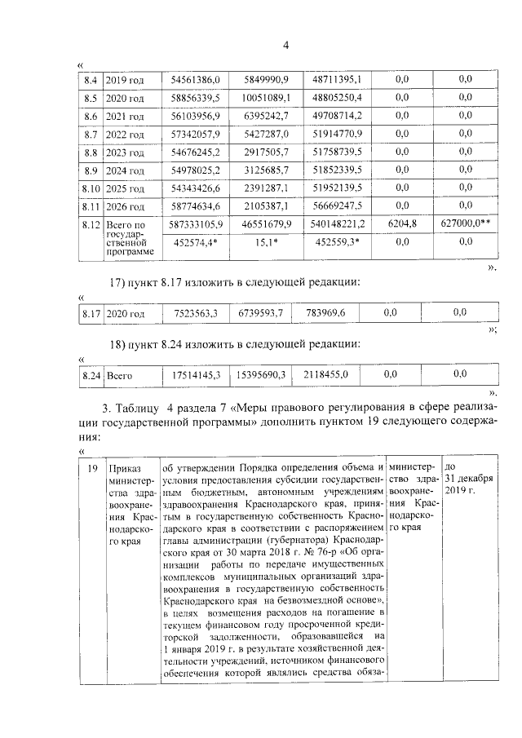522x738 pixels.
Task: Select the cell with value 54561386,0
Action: (x=196, y=80)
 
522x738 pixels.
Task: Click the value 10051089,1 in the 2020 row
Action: (x=265, y=98)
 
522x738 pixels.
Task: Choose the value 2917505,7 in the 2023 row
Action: (x=265, y=152)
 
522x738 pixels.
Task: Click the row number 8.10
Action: (x=91, y=188)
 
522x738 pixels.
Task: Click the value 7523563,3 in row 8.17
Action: (x=196, y=312)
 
